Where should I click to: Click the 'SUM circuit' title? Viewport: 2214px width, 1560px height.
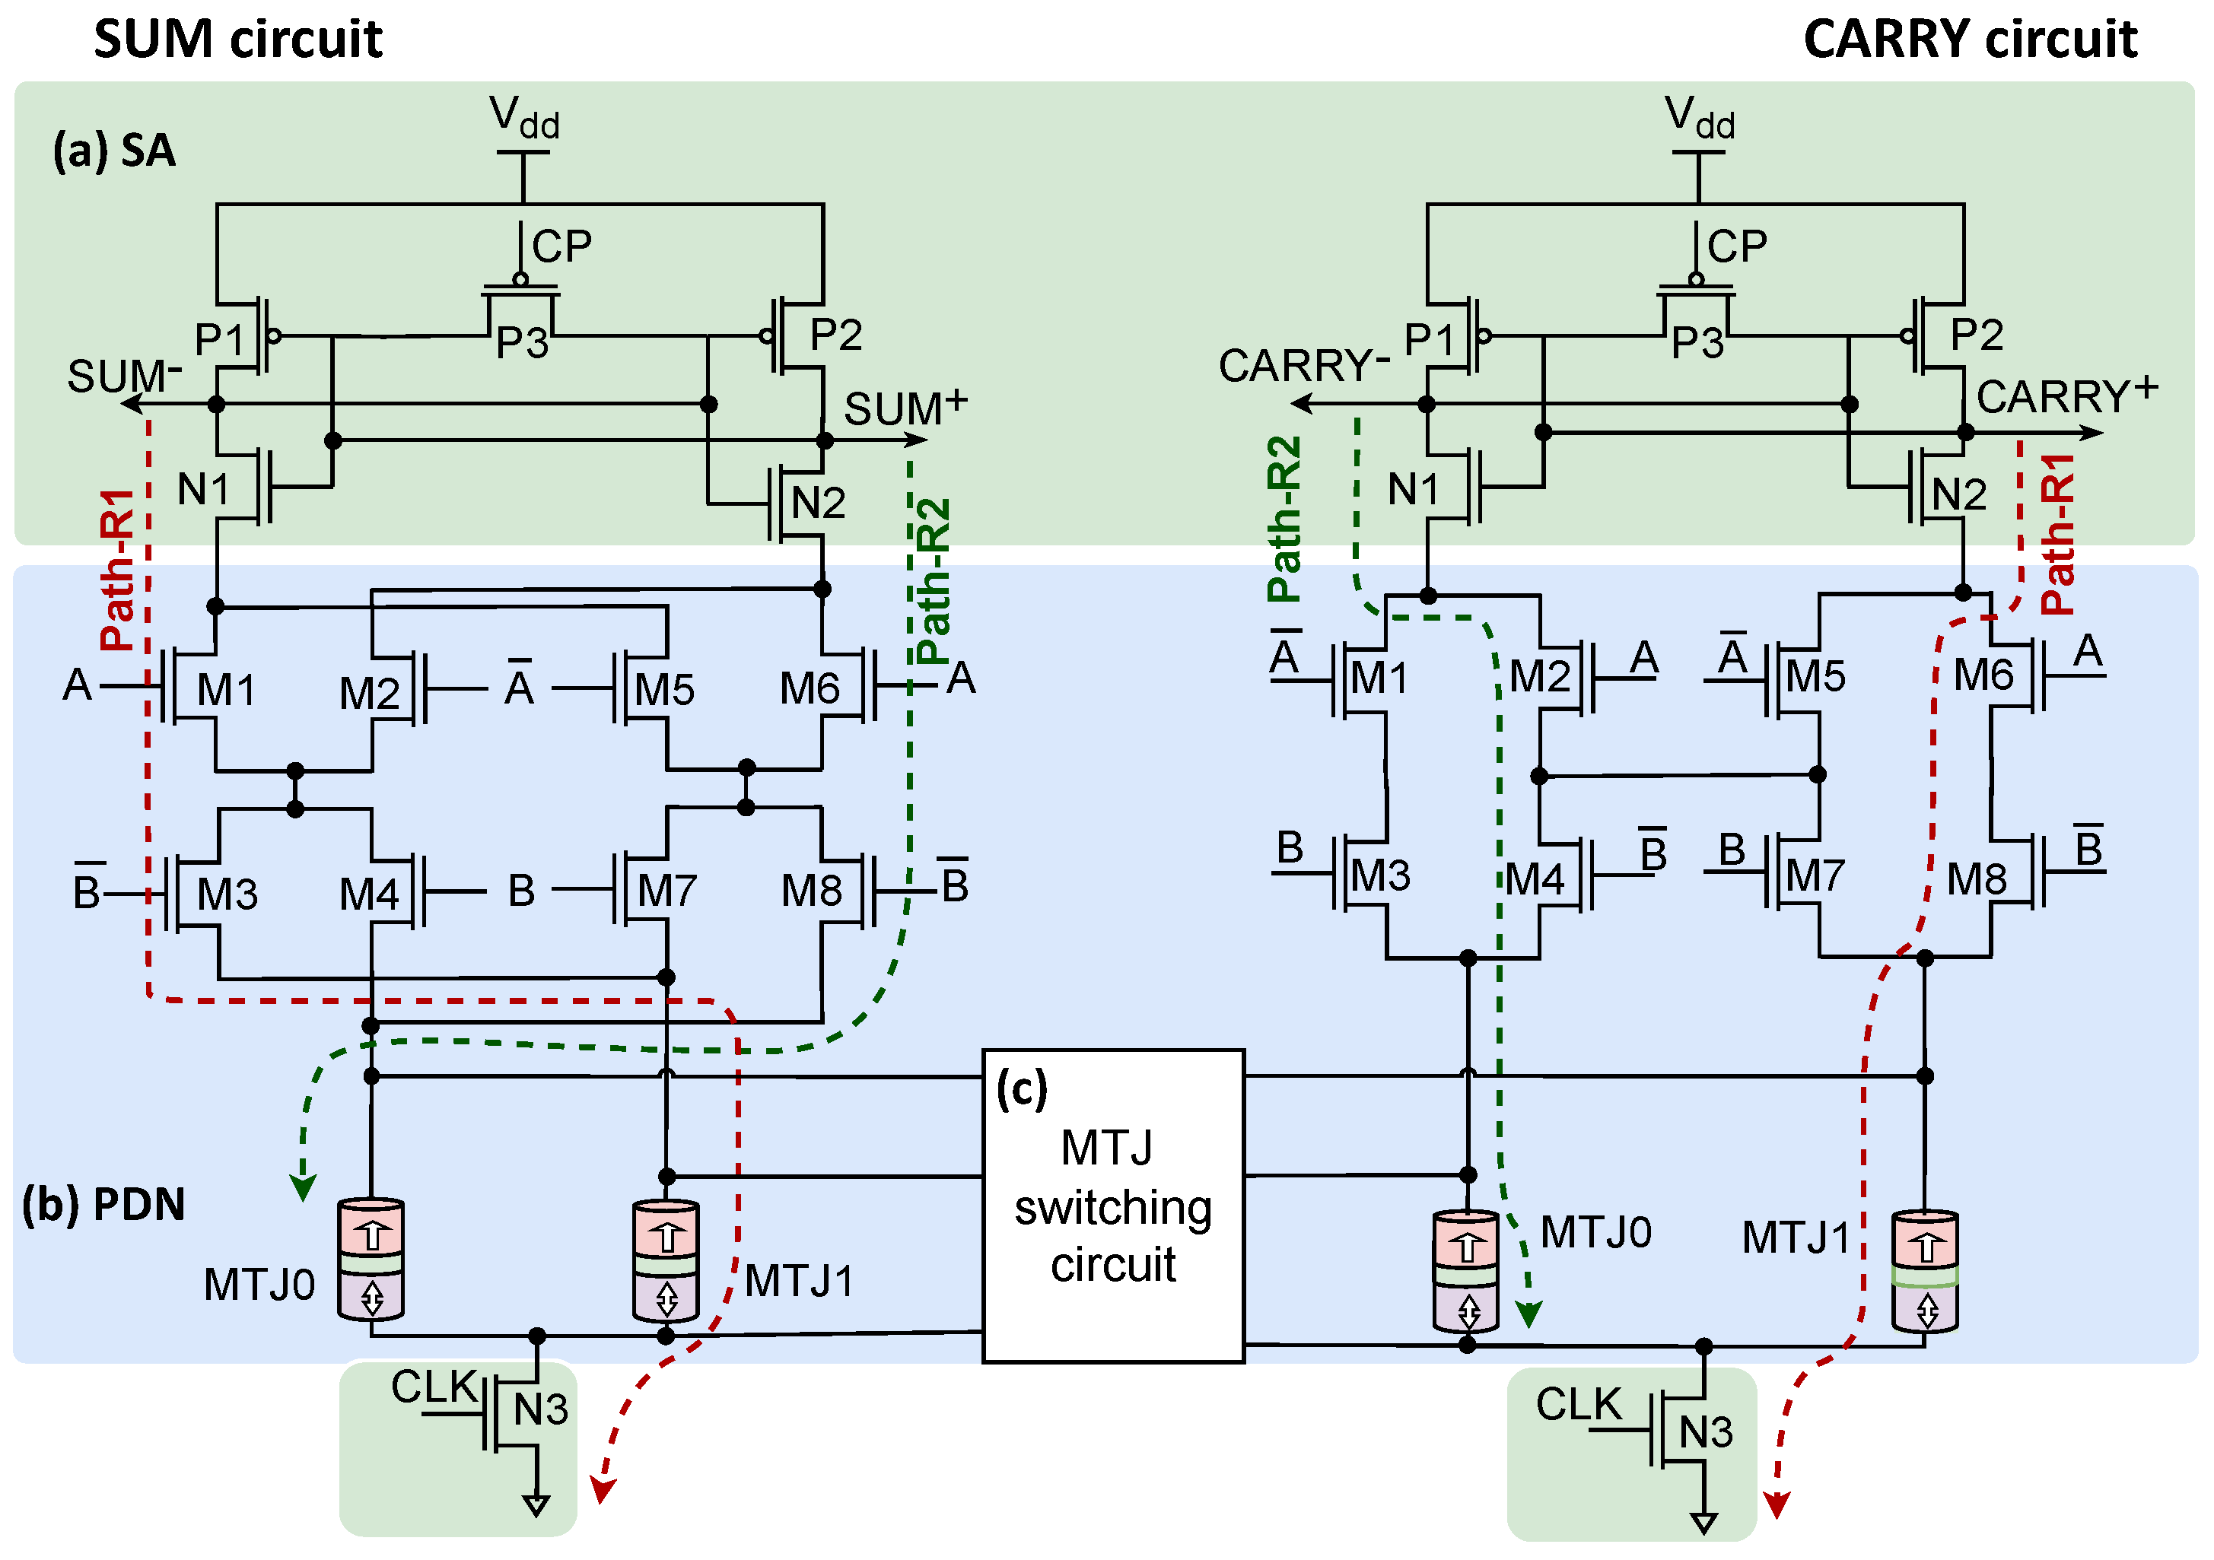tap(237, 40)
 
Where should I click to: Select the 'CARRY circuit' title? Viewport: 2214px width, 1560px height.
tap(1969, 40)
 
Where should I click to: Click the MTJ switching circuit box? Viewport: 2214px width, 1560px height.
tap(1113, 1206)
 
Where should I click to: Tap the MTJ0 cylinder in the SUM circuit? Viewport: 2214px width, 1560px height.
tap(371, 1260)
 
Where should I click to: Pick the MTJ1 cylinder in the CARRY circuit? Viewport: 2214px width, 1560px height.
tap(1925, 1271)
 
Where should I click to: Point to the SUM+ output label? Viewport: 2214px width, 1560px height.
tap(905, 407)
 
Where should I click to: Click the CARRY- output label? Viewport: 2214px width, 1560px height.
tap(1302, 367)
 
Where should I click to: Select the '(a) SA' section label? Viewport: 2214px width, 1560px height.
tap(114, 151)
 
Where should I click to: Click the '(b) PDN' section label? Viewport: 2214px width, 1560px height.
tap(103, 1203)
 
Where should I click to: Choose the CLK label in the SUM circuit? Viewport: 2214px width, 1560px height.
tap(434, 1387)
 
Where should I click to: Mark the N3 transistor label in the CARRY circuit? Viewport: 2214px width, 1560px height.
tap(1706, 1431)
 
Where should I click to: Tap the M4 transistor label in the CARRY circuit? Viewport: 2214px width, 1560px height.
tap(1534, 878)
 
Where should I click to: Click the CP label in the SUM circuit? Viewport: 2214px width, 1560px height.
tap(561, 247)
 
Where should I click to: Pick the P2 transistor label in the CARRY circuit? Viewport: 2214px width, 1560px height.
tap(1977, 335)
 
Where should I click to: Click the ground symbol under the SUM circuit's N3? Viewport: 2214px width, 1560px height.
tap(536, 1504)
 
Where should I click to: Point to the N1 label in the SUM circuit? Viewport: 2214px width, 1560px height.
tap(203, 490)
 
